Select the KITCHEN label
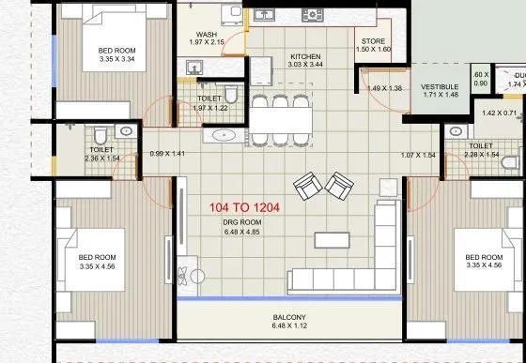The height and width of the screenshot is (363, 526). click(305, 56)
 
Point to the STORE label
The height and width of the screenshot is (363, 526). click(373, 41)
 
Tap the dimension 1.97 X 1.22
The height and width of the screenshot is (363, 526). click(209, 108)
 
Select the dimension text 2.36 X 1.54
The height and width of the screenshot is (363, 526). click(101, 159)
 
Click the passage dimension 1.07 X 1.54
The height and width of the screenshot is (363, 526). click(418, 154)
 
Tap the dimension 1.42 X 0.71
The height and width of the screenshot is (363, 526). click(500, 113)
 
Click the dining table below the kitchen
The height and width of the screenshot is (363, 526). click(279, 120)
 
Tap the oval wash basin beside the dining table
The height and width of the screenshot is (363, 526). click(224, 136)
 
